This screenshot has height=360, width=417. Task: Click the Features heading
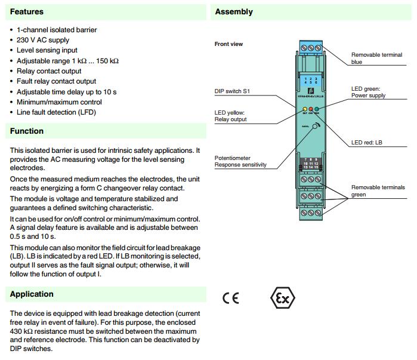tap(27, 11)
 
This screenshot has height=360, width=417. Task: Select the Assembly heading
tap(233, 11)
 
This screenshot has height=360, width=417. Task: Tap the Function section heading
tap(27, 131)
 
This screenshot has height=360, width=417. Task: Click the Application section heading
tap(32, 294)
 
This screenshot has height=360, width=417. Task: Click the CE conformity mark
tap(231, 298)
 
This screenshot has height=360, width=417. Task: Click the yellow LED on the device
tap(305, 109)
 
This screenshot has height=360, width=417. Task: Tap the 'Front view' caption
tap(228, 44)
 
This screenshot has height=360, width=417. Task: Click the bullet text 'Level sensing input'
tap(47, 50)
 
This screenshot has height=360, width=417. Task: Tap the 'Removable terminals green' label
tap(378, 190)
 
